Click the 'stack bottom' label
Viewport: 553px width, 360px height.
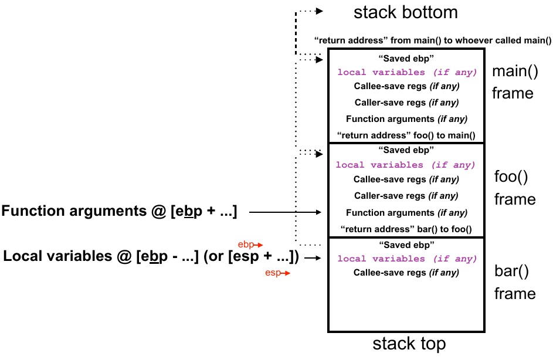(x=405, y=12)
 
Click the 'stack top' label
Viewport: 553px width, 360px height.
(x=409, y=344)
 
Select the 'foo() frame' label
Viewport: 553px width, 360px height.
(x=515, y=188)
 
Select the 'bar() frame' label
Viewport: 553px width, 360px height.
(x=515, y=282)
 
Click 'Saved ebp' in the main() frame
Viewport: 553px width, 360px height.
(x=406, y=58)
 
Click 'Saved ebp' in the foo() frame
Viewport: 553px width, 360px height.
(x=406, y=151)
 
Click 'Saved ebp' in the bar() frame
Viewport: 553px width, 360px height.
(x=406, y=244)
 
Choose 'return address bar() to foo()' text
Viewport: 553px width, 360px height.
(x=406, y=229)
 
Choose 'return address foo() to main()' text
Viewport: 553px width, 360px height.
(x=406, y=135)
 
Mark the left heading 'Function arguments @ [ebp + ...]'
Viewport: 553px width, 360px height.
(x=120, y=212)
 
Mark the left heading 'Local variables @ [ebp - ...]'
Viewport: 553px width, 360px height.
(x=151, y=256)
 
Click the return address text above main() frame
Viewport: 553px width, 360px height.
(x=433, y=40)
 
